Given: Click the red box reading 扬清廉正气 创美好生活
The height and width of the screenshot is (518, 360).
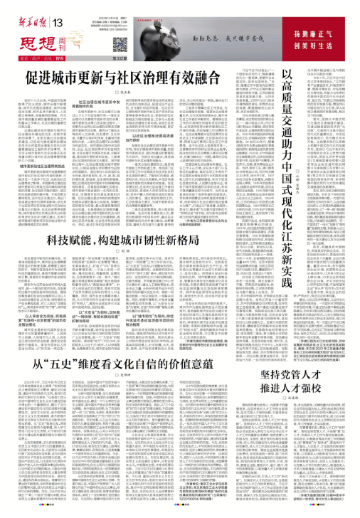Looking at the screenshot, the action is pyautogui.click(x=329, y=29).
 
